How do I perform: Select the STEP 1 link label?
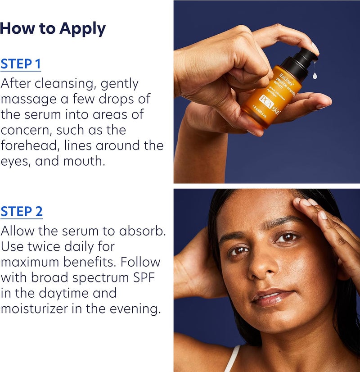(21, 64)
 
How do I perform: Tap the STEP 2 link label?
(22, 212)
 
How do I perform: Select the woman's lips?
(269, 297)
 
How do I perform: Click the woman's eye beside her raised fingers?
(286, 237)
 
